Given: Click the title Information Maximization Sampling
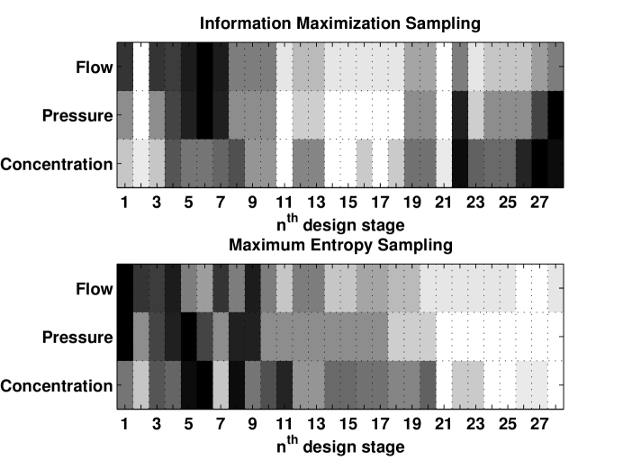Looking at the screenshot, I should pos(340,22).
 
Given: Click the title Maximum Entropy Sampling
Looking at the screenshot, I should pos(340,244).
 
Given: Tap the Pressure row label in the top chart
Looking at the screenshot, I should pos(77,115).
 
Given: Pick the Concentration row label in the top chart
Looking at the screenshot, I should pos(57,164).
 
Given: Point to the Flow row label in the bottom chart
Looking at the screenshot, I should pos(95,288).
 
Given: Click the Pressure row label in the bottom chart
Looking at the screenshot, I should pos(77,337).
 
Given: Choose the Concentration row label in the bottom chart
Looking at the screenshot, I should pos(57,386).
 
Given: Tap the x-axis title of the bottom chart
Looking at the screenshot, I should pos(340,444).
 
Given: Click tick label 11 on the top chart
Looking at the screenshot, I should pos(284,201).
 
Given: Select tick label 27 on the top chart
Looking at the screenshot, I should pos(540,201).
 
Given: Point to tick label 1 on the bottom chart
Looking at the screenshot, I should pos(124,423).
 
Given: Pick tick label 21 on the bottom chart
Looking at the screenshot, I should pos(444,423).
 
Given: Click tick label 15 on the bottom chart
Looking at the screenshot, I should pos(348,423).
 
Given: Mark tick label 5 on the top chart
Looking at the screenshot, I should pos(188,201).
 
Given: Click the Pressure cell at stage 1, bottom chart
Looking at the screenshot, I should pos(125,337).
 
